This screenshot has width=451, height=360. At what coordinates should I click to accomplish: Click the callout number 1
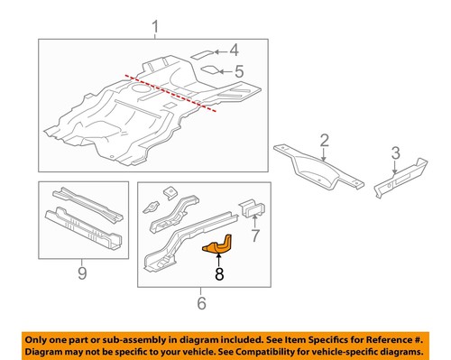pyautogui.click(x=154, y=27)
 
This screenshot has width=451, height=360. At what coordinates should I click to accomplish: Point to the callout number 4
pyautogui.click(x=233, y=51)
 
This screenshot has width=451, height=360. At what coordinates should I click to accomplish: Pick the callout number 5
pyautogui.click(x=238, y=70)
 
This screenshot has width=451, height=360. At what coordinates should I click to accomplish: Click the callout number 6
pyautogui.click(x=201, y=302)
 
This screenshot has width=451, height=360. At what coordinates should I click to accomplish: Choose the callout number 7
pyautogui.click(x=254, y=237)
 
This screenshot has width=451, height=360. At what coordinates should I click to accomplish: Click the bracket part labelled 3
pyautogui.click(x=401, y=182)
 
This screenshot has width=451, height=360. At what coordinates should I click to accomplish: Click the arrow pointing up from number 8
pyautogui.click(x=216, y=256)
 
